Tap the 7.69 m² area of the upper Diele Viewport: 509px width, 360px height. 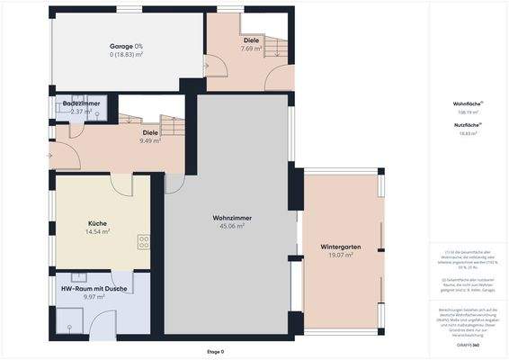coord(251,49)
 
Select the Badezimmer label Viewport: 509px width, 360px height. coord(81,104)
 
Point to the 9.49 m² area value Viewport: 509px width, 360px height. coord(150,140)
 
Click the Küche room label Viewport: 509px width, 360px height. coord(97,223)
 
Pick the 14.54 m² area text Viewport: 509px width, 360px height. coord(97,232)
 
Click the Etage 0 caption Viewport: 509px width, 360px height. coord(216,351)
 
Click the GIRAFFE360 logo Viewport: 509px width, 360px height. coord(469,346)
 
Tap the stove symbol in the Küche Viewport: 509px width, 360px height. coord(142,241)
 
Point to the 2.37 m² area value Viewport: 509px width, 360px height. coord(82,112)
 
